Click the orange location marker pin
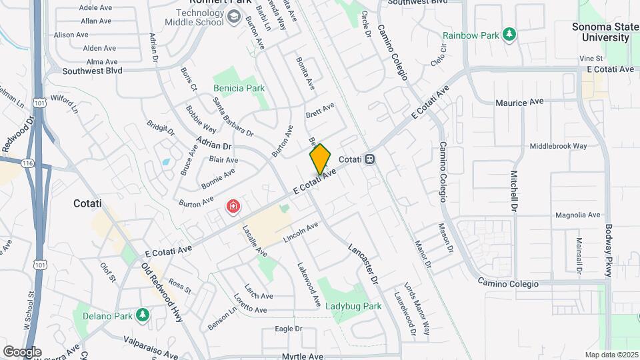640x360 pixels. tap(320, 159)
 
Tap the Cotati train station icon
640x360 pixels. tap(369, 160)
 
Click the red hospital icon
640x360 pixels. tap(233, 207)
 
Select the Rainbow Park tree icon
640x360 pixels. tap(509, 34)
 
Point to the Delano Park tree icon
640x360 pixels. tap(141, 314)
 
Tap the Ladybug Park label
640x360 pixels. tap(353, 307)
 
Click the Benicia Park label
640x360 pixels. tap(239, 88)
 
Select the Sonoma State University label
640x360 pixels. tap(609, 32)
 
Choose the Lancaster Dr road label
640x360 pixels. tap(363, 263)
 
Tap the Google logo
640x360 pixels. tap(21, 351)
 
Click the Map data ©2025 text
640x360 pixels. tap(611, 355)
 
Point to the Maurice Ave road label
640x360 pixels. tap(519, 102)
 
